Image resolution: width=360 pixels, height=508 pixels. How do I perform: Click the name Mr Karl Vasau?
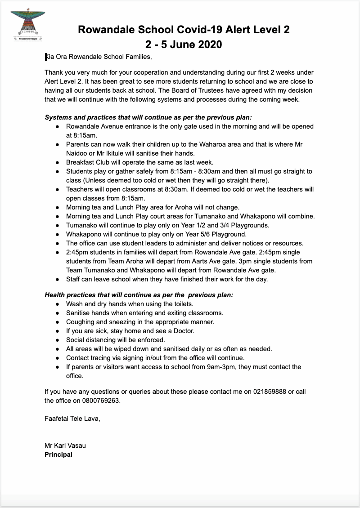[65, 446]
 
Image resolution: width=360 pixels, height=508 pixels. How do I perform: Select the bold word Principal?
[58, 455]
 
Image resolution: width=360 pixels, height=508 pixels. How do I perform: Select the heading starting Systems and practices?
[148, 117]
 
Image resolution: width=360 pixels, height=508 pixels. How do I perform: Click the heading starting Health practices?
[139, 295]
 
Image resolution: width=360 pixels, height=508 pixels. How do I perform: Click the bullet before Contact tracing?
[57, 358]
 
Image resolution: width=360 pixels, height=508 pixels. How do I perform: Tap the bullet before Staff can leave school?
[57, 279]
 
